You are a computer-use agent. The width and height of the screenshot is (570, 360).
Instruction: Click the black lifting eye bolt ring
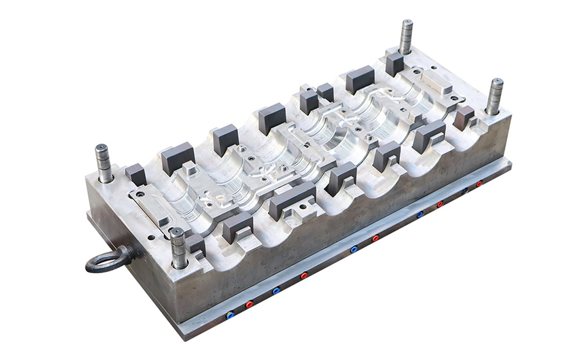pyautogui.click(x=106, y=261)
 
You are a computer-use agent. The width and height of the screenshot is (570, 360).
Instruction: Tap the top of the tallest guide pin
pyautogui.click(x=406, y=24)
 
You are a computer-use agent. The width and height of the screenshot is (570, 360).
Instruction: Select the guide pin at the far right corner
pyautogui.click(x=494, y=96)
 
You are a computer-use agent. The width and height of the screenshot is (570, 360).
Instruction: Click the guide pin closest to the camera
pyautogui.click(x=178, y=248)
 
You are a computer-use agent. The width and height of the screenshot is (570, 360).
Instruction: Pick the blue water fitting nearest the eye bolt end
pyautogui.click(x=230, y=315)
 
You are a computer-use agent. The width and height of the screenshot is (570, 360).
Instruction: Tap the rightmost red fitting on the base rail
pyautogui.click(x=479, y=184)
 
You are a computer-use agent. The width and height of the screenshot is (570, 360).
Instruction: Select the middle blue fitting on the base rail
pyautogui.click(x=353, y=249)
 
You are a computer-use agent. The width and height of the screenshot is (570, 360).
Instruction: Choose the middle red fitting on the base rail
pyautogui.click(x=375, y=239)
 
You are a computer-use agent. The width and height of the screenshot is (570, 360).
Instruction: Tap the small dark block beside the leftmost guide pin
pyautogui.click(x=136, y=174)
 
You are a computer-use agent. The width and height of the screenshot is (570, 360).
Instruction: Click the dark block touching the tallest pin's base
pyautogui.click(x=395, y=64)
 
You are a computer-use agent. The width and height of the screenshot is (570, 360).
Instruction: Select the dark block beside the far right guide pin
pyautogui.click(x=463, y=117)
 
